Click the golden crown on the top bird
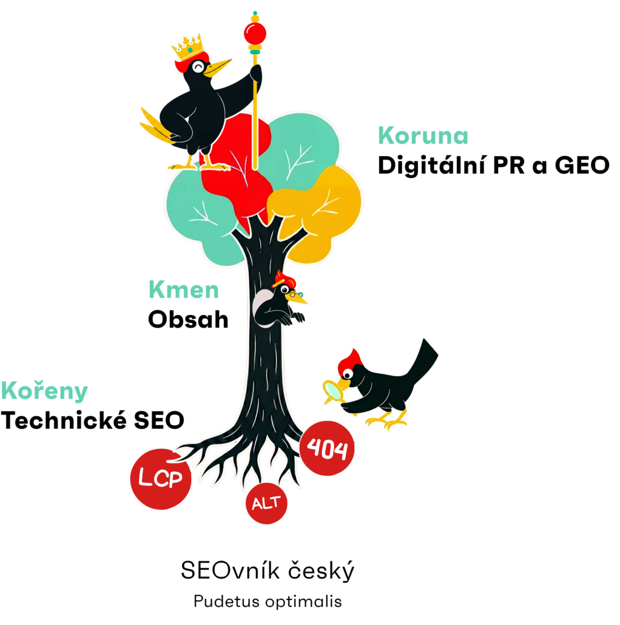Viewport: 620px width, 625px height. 187,47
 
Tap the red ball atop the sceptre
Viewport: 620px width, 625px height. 255,33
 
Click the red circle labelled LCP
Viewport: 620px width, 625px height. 161,479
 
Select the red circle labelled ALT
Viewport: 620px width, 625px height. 266,503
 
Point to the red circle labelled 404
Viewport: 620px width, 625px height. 327,448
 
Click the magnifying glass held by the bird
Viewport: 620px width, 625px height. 334,391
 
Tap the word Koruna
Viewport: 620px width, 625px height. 423,136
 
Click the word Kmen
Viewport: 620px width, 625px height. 184,290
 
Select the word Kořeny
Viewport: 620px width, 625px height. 44,391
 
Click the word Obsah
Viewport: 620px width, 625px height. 188,320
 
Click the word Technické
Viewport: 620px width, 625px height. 64,420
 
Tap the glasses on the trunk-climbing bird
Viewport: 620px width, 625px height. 296,295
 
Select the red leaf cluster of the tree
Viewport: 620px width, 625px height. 239,167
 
